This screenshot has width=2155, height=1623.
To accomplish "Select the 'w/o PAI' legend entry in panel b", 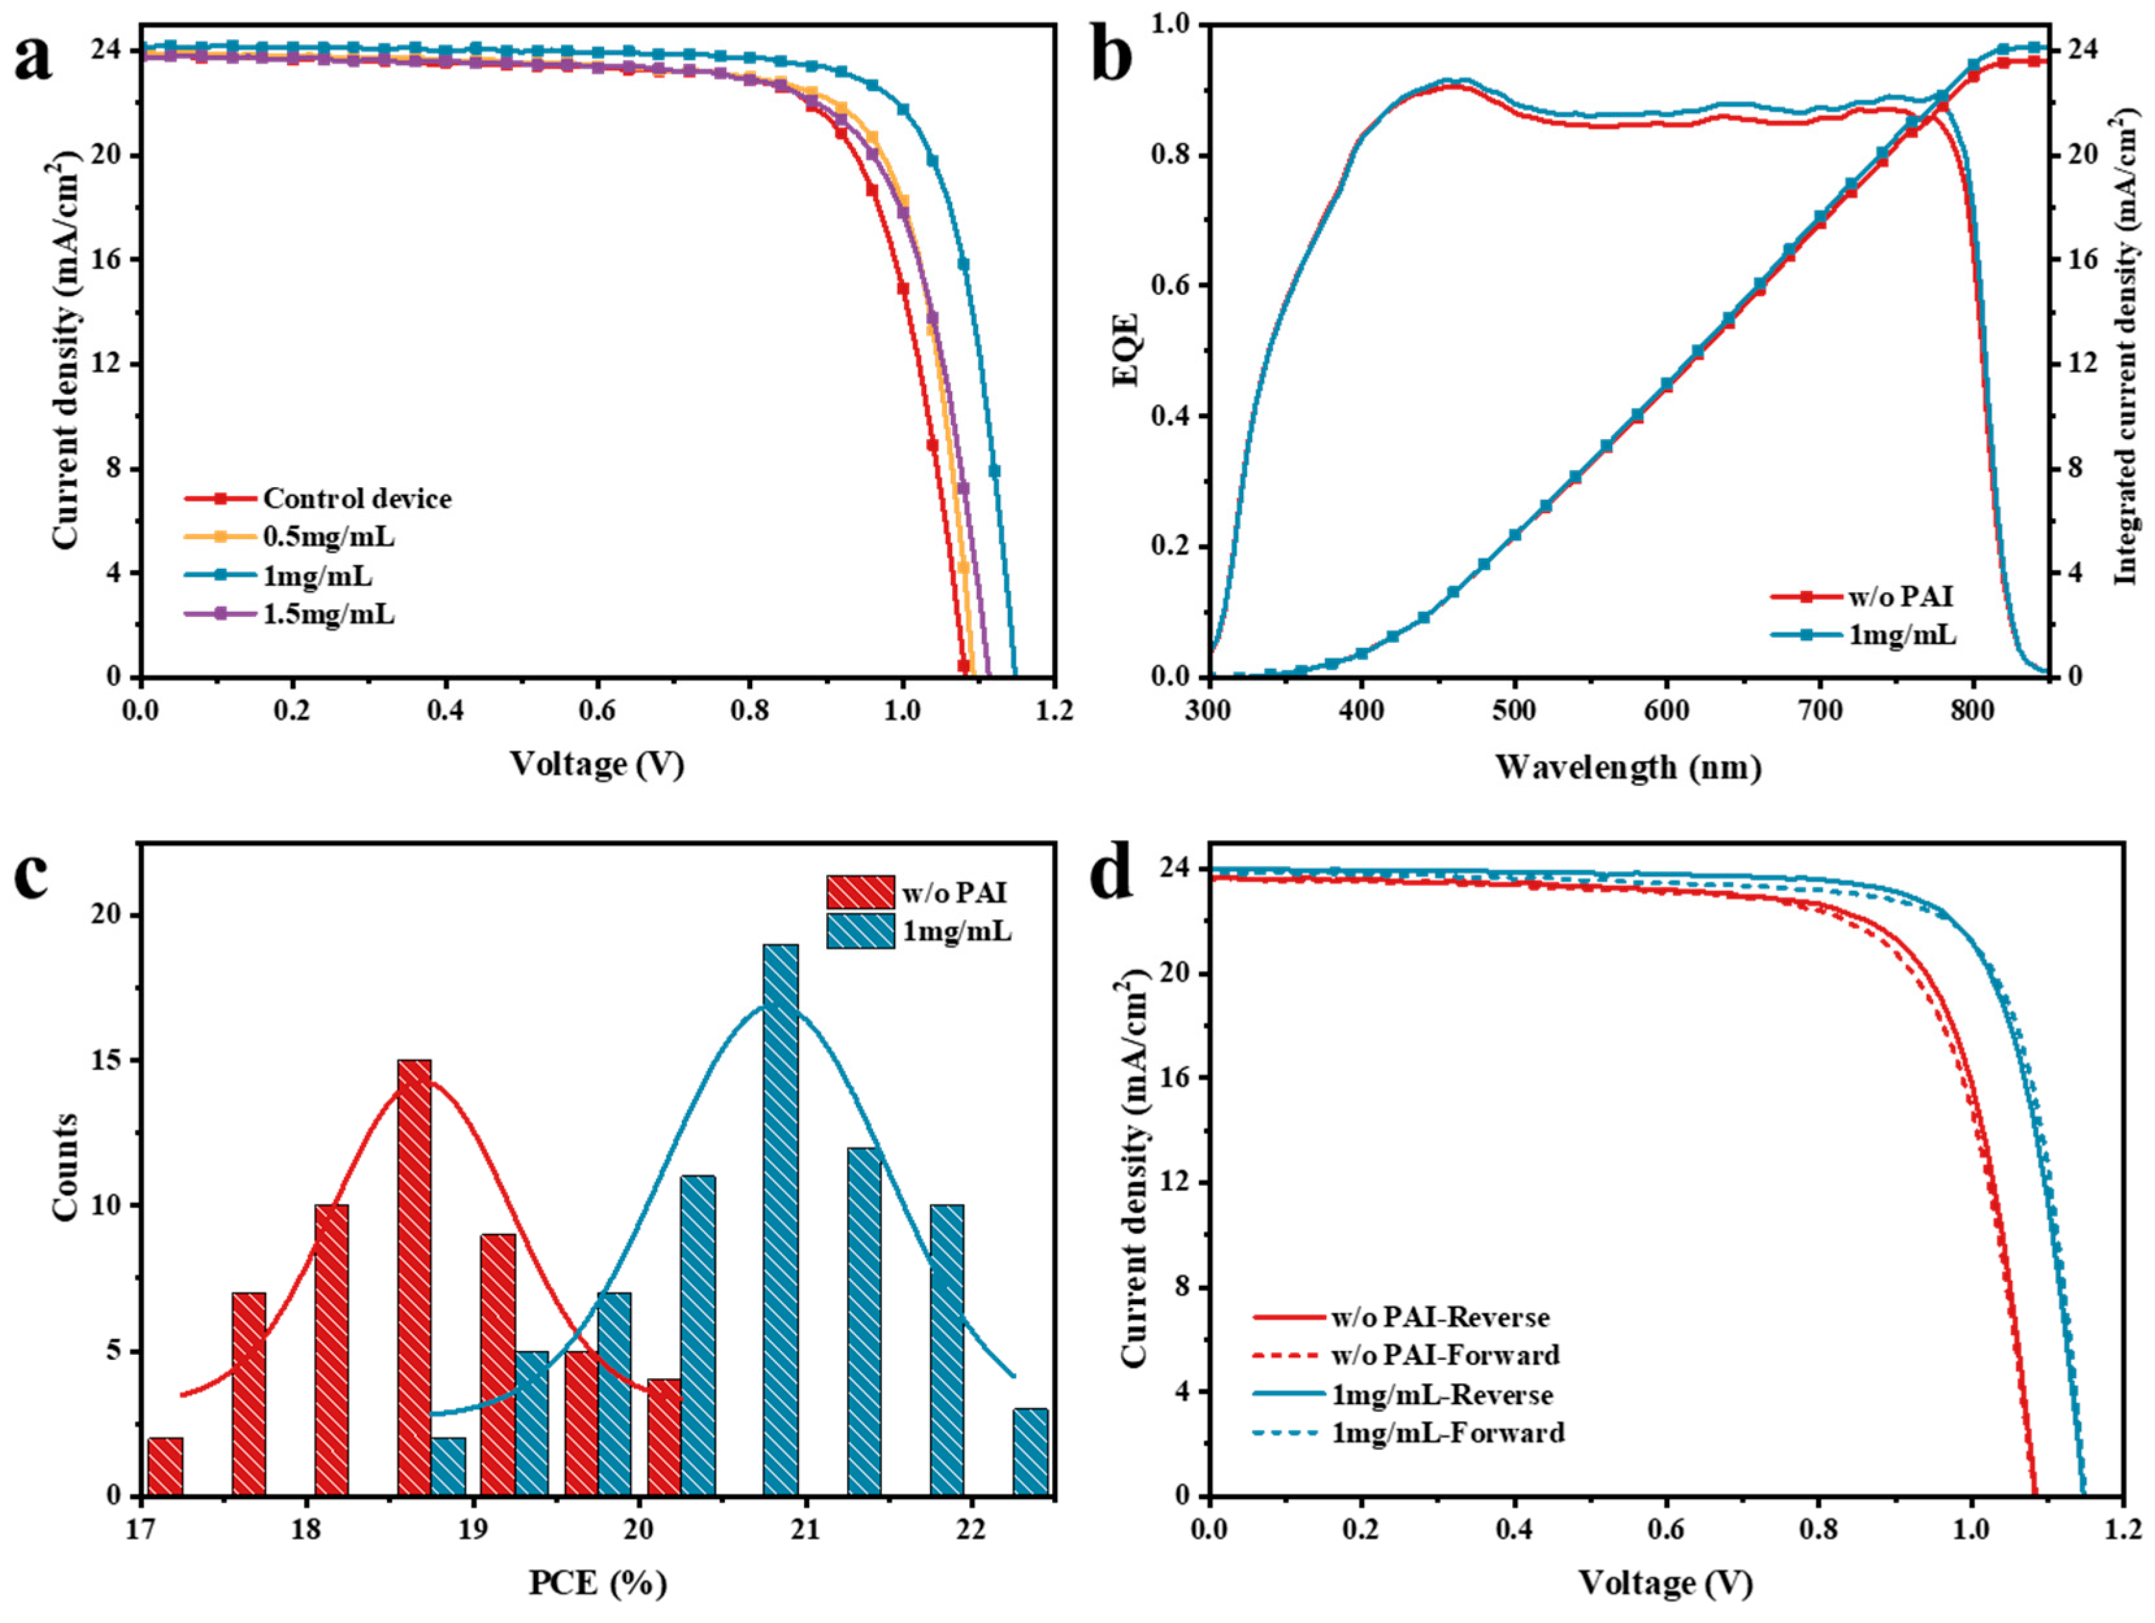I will click(1900, 596).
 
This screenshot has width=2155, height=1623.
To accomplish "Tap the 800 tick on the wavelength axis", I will click(1973, 711).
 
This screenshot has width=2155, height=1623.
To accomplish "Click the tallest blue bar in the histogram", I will click(781, 1218).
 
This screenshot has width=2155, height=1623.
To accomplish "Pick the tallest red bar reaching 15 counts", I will click(414, 1276).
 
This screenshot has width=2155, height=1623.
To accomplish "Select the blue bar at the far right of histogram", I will click(1031, 1451).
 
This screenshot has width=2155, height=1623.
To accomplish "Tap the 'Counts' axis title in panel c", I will click(65, 1166).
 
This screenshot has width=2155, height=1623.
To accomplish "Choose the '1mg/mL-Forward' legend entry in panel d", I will click(1448, 1433).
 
